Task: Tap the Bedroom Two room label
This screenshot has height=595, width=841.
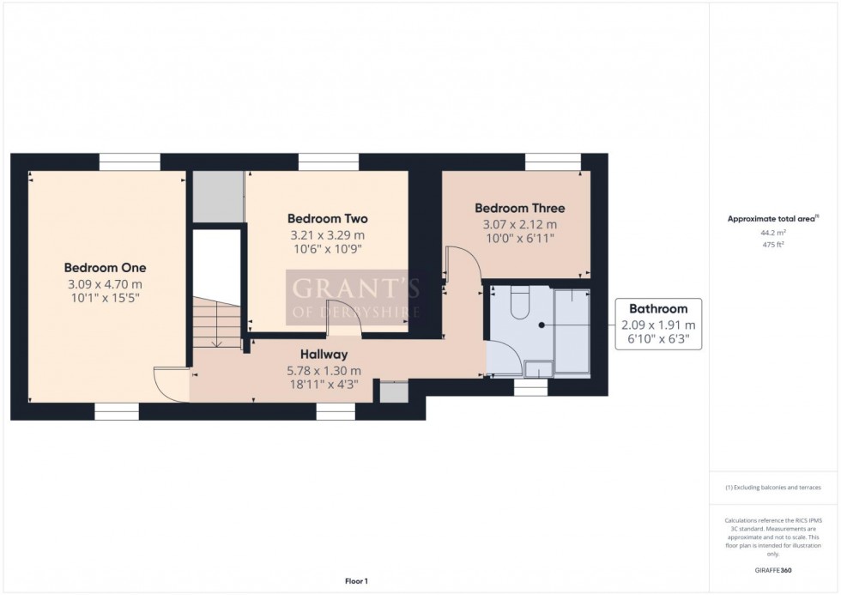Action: [x=327, y=218]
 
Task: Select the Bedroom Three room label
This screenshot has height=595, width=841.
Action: [x=519, y=208]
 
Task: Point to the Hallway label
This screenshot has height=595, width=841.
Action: [x=323, y=354]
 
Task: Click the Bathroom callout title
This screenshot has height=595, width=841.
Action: [x=658, y=308]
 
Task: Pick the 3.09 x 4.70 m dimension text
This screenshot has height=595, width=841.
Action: [x=105, y=284]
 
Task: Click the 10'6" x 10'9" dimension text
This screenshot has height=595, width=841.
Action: [x=327, y=251]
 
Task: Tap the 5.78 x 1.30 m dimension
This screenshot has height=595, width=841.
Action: [x=323, y=370]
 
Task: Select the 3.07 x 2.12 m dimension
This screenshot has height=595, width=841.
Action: [x=519, y=225]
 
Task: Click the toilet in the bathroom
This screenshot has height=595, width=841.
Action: [x=520, y=303]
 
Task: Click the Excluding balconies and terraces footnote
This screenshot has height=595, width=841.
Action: [x=773, y=487]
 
